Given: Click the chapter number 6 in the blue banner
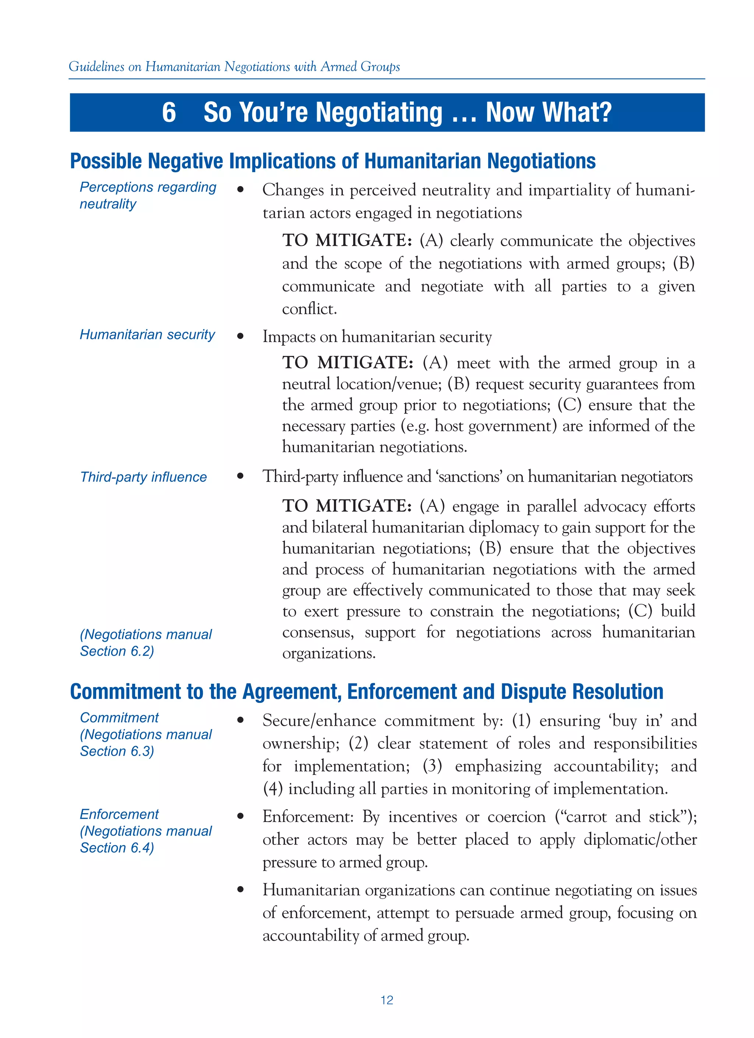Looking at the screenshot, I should coord(169,112).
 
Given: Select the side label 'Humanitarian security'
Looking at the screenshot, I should coord(147,335).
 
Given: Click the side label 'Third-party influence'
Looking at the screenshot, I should coord(143,477).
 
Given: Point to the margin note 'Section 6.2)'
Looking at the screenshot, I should coord(117,651).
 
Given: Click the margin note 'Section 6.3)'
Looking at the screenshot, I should coord(117,751).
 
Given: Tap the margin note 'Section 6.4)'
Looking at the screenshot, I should coord(117,847).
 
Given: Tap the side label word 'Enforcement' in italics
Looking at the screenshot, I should coord(119,814).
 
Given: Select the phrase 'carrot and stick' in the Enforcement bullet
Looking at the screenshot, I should coord(623,817).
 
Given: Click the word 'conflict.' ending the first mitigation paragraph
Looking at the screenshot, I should coord(309,309).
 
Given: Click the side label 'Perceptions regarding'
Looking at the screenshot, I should coord(148,187).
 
